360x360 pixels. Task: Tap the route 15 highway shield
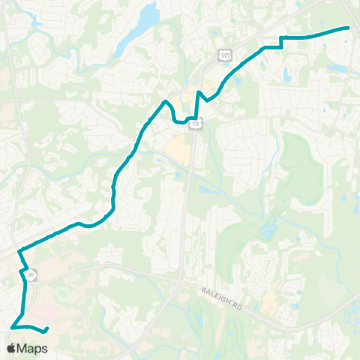[x=194, y=123]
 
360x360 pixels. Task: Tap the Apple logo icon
[x=11, y=348]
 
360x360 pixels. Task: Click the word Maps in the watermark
[x=34, y=348]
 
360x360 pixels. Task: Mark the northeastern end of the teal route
[x=349, y=28]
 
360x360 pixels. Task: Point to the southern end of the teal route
[x=46, y=329]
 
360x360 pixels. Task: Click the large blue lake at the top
[x=148, y=15]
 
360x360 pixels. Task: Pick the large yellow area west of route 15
[x=178, y=152]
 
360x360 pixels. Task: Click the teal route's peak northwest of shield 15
[x=165, y=100]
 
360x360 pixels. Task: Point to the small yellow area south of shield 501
[x=212, y=81]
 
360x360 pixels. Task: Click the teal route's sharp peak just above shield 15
[x=198, y=92]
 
